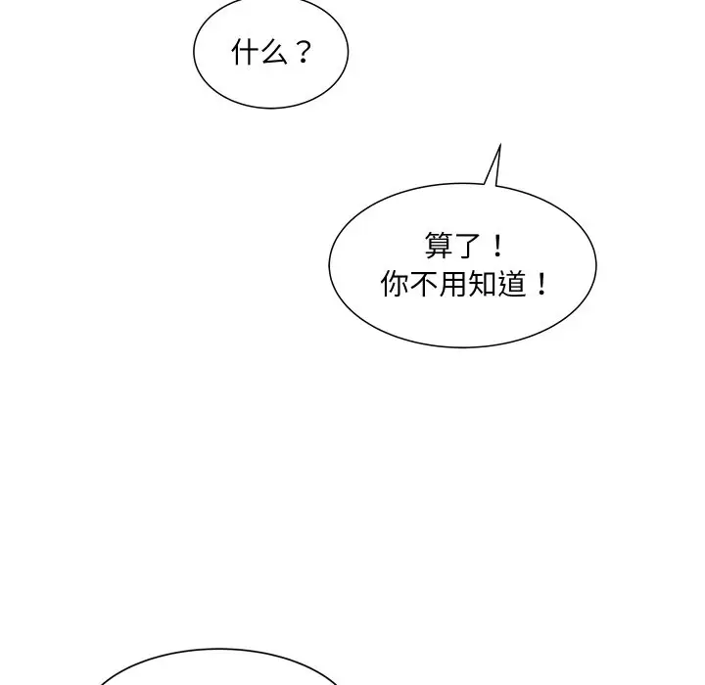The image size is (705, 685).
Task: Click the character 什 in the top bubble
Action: [244, 53]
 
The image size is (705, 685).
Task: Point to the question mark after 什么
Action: [302, 53]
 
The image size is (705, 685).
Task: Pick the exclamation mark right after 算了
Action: [495, 245]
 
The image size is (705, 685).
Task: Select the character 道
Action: [510, 285]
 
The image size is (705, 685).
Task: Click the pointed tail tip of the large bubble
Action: [499, 146]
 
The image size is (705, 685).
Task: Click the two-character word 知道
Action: [495, 285]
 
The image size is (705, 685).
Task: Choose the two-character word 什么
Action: [258, 53]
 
